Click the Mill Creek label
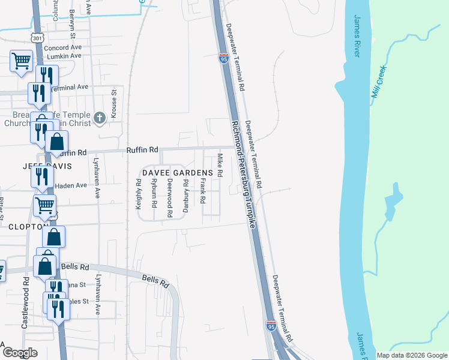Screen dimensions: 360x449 click(x=379, y=82)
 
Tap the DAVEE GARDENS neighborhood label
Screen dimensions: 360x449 click(x=178, y=173)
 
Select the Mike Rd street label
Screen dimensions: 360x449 click(x=220, y=165)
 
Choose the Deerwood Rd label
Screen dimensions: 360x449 click(x=170, y=197)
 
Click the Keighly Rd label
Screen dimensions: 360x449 click(x=139, y=197)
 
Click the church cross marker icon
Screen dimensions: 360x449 click(x=100, y=118)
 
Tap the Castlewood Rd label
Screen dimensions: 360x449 click(x=25, y=302)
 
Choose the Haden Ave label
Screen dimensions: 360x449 click(x=71, y=186)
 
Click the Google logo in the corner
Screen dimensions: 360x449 click(x=20, y=353)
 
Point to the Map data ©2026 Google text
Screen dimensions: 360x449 click(x=411, y=355)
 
